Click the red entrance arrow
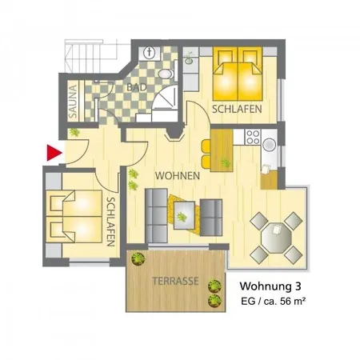54,153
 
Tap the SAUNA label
73,102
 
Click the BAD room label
137,87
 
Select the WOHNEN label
178,176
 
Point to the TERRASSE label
175,281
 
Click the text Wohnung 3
270,286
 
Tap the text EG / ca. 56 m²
273,302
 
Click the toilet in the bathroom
166,74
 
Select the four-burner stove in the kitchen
253,137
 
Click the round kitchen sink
270,145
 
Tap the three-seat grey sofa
156,216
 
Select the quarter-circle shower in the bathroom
166,98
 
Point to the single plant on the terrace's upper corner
138,258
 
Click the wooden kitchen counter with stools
222,150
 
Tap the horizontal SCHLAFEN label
237,110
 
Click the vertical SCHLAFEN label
110,222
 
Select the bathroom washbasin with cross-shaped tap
150,53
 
